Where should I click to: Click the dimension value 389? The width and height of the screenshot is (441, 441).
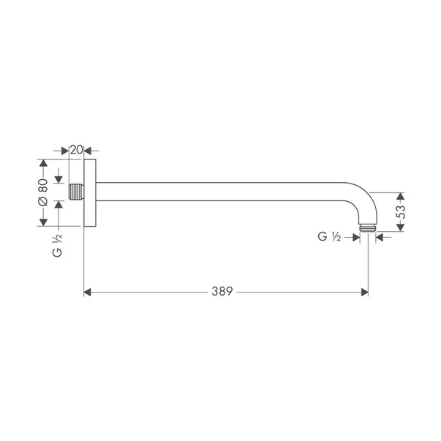tap(222, 291)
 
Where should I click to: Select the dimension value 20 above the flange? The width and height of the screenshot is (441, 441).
tap(76, 149)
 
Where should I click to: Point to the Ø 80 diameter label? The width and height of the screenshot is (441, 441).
tap(42, 194)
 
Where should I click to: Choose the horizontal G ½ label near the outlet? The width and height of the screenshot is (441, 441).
tap(330, 236)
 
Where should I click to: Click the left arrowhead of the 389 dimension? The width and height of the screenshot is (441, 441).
tap(89, 292)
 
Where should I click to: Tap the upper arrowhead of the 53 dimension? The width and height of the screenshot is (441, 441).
tap(400, 197)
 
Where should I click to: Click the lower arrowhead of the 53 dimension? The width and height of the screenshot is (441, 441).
tap(400, 227)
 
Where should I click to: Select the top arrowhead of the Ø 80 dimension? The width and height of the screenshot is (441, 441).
tap(43, 164)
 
